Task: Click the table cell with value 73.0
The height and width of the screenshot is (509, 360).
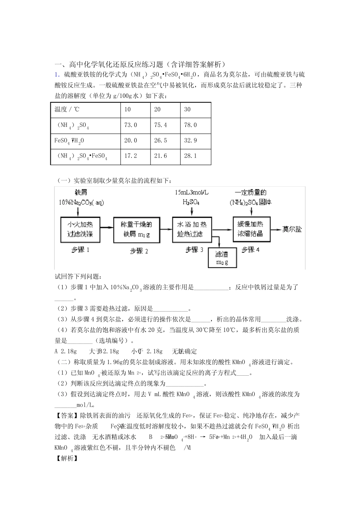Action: [131, 125]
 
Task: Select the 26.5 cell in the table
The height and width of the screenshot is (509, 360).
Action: [160, 141]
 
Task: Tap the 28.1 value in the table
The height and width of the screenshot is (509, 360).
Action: [190, 156]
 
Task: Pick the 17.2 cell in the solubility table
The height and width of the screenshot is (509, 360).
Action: [131, 156]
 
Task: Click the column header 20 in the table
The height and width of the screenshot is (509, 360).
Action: [157, 109]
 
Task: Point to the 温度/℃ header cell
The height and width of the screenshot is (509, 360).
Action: [67, 109]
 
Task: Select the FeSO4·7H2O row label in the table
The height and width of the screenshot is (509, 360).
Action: [69, 141]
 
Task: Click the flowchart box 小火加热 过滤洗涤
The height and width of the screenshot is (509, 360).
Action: [80, 229]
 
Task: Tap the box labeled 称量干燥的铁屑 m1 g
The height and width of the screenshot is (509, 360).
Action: [137, 229]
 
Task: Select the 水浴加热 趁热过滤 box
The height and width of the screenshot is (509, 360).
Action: [192, 229]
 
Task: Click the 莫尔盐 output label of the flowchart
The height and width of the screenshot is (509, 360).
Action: [292, 229]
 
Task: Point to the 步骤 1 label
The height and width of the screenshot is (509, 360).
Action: [80, 250]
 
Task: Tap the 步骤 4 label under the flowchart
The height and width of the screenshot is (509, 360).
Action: [251, 250]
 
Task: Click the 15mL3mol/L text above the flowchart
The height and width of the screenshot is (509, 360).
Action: [191, 193]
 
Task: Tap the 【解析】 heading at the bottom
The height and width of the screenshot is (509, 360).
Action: [67, 458]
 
